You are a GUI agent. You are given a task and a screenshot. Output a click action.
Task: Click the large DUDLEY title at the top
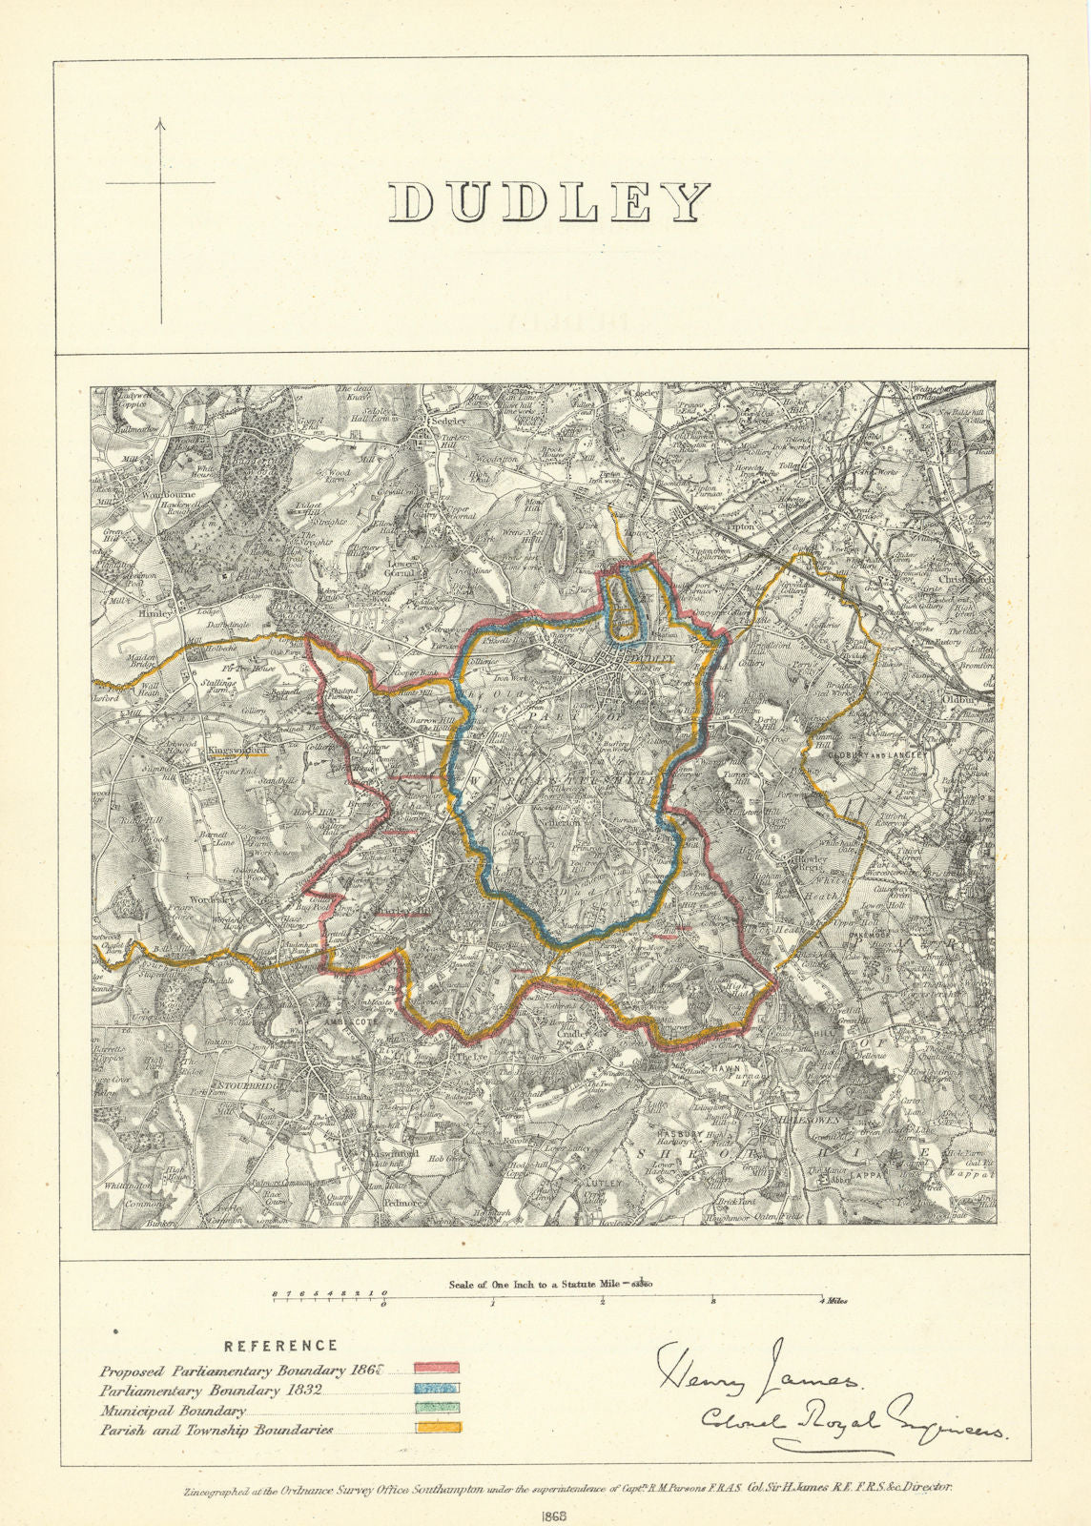[x=550, y=202]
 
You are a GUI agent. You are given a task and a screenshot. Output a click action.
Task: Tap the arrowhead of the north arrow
[x=160, y=122]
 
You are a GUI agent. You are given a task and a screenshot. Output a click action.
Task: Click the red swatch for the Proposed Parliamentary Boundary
[x=438, y=1370]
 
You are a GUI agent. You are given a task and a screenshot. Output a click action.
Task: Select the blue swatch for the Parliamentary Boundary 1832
[x=438, y=1390]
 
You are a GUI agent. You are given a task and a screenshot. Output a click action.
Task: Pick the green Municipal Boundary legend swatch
[x=438, y=1408]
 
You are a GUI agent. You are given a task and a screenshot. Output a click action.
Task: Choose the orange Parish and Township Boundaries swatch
[x=438, y=1428]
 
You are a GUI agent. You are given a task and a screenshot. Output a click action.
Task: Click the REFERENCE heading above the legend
[x=280, y=1346]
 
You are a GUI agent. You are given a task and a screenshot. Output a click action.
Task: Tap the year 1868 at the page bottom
[x=545, y=1516]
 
